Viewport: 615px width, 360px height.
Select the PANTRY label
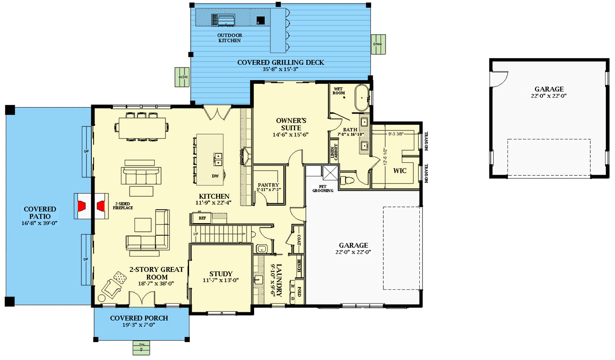(x=268, y=185)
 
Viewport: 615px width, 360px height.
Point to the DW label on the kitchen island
(x=215, y=176)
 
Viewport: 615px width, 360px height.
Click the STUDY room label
(x=220, y=274)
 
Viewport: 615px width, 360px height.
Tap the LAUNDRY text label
(x=279, y=280)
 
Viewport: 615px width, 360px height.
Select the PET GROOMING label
(x=323, y=189)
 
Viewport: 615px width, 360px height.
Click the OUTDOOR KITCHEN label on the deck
(x=229, y=38)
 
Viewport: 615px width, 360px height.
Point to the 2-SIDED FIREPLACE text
(x=121, y=206)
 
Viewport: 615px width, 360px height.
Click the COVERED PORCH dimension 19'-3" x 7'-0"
(x=139, y=325)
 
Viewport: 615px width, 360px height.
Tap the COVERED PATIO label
(x=40, y=213)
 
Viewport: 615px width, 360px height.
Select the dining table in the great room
(x=142, y=125)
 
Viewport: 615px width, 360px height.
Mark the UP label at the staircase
(x=196, y=234)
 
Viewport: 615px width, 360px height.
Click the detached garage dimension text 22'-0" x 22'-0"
(x=549, y=96)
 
